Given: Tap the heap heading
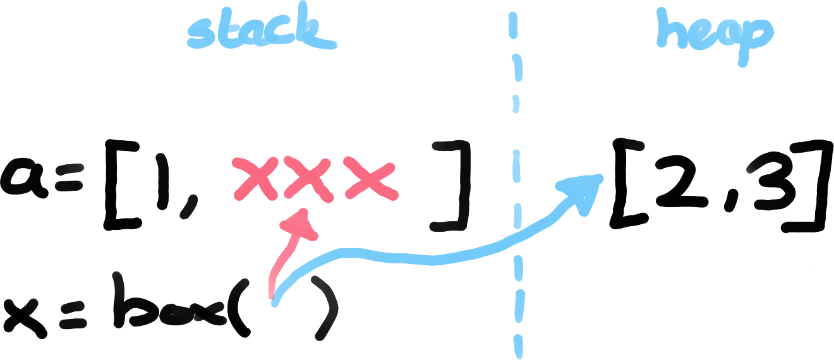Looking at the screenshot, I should pyautogui.click(x=714, y=33).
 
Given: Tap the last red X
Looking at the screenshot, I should pyautogui.click(x=372, y=179).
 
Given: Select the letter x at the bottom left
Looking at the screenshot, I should pyautogui.click(x=25, y=313).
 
